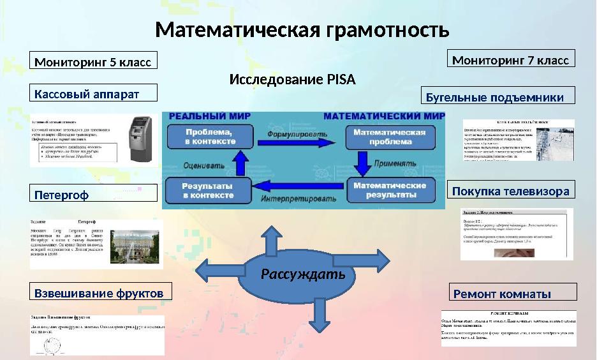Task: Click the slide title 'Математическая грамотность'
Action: (x=302, y=30)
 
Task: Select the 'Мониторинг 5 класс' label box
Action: (x=94, y=62)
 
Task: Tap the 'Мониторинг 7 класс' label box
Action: (x=511, y=60)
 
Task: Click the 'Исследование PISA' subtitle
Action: (x=291, y=80)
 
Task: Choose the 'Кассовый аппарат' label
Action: (x=94, y=94)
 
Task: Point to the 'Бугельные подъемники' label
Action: (x=498, y=97)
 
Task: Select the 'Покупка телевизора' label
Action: (x=510, y=191)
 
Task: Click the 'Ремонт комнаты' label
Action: (x=512, y=294)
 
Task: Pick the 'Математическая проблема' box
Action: (x=389, y=137)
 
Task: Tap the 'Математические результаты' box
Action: (x=389, y=190)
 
